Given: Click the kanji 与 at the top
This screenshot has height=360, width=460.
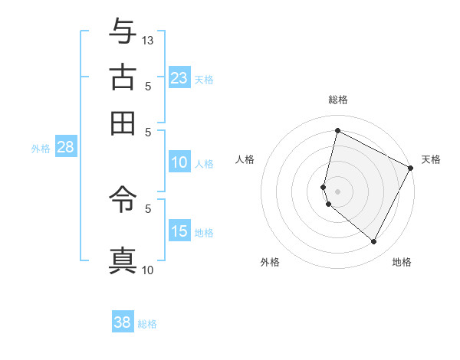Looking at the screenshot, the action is click(123, 31).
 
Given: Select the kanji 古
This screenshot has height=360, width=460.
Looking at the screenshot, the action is click(123, 77).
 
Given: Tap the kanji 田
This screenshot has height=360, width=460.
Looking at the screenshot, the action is click(123, 122).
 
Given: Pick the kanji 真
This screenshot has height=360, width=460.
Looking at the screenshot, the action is click(123, 260).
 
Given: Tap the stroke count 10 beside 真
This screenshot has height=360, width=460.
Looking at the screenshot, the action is click(148, 270).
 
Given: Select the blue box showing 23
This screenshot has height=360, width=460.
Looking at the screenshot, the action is click(179, 77).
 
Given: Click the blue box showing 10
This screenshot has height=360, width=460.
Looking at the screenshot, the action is click(179, 162).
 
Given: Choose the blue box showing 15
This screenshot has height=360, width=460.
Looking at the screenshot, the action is click(179, 231).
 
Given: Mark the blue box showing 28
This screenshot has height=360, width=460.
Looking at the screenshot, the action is click(65, 148).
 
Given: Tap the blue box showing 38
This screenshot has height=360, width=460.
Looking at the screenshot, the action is click(123, 322).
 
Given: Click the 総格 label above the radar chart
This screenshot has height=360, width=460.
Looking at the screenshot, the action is click(337, 100).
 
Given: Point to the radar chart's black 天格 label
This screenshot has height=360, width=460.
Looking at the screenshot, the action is click(431, 159).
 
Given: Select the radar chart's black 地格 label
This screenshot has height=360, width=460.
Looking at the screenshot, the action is click(402, 262).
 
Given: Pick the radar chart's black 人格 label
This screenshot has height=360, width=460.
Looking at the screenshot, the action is click(245, 159).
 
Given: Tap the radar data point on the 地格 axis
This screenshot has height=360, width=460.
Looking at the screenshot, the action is click(374, 242).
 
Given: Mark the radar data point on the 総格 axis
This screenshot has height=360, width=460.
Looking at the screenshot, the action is click(337, 130).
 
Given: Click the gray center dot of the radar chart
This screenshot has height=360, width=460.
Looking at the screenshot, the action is click(337, 191).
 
